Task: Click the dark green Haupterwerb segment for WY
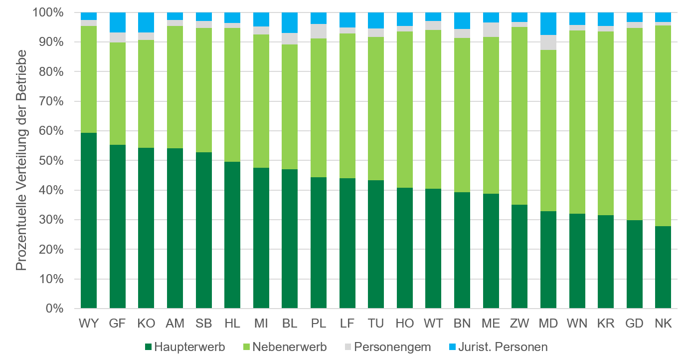89,220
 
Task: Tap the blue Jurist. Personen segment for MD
548,24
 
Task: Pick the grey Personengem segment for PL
319,31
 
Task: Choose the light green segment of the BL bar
290,107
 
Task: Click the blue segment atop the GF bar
118,22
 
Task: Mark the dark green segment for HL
232,235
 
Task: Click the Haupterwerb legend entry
184,347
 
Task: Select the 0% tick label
55,309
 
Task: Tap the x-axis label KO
146,324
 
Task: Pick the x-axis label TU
376,324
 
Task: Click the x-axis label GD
634,324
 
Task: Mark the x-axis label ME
491,324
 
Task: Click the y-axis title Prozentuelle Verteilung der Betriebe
21,161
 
